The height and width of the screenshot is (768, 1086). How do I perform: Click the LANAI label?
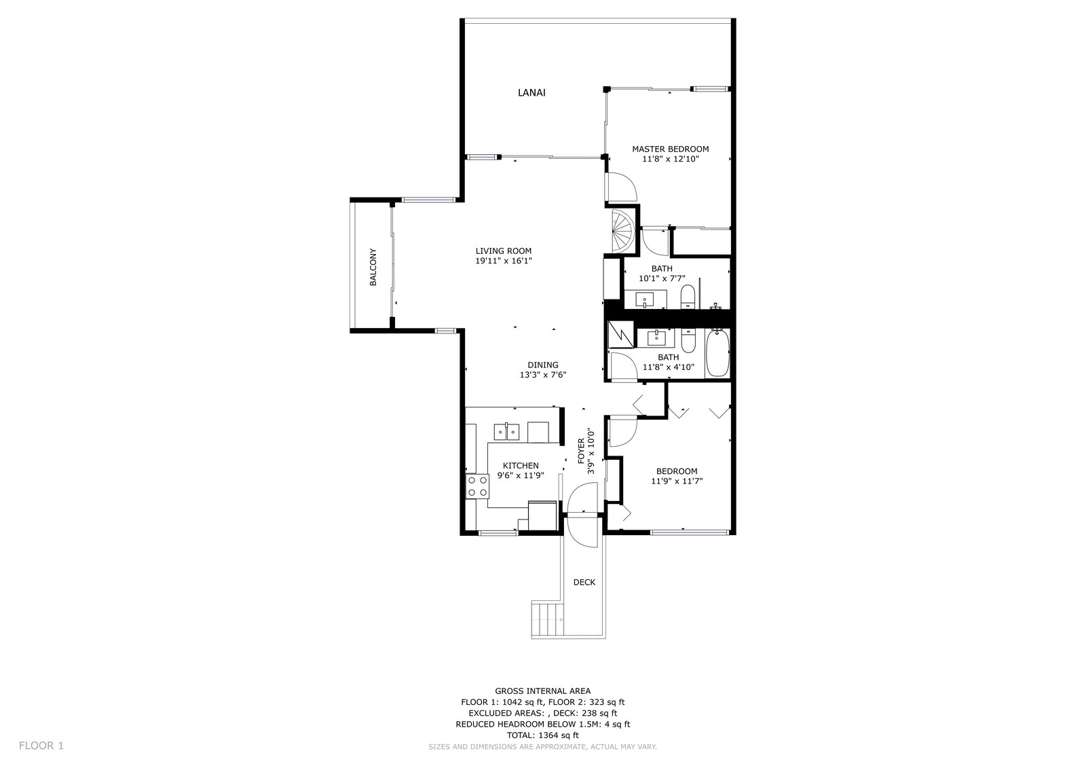(531, 92)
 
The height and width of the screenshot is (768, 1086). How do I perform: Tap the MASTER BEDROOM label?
(670, 149)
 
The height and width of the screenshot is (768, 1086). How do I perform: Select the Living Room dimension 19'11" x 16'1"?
(503, 261)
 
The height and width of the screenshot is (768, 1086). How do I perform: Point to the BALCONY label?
(373, 267)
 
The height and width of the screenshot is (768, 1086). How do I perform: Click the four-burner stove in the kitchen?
(138, 486)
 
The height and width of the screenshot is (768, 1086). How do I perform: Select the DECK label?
(584, 582)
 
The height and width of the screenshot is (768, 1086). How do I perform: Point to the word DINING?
(543, 365)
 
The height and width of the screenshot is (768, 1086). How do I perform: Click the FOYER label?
(581, 451)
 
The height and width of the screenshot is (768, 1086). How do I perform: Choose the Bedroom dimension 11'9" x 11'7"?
(677, 481)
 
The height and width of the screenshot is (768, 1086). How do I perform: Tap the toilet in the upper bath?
(688, 297)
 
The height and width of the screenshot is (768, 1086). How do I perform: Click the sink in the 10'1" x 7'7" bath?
(645, 299)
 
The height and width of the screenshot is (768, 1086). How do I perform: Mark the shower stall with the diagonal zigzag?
(620, 334)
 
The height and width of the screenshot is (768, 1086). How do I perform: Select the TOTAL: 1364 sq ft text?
(542, 735)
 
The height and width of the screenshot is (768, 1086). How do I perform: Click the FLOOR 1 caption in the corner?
(41, 746)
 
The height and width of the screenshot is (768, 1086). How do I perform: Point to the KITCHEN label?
(521, 466)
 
